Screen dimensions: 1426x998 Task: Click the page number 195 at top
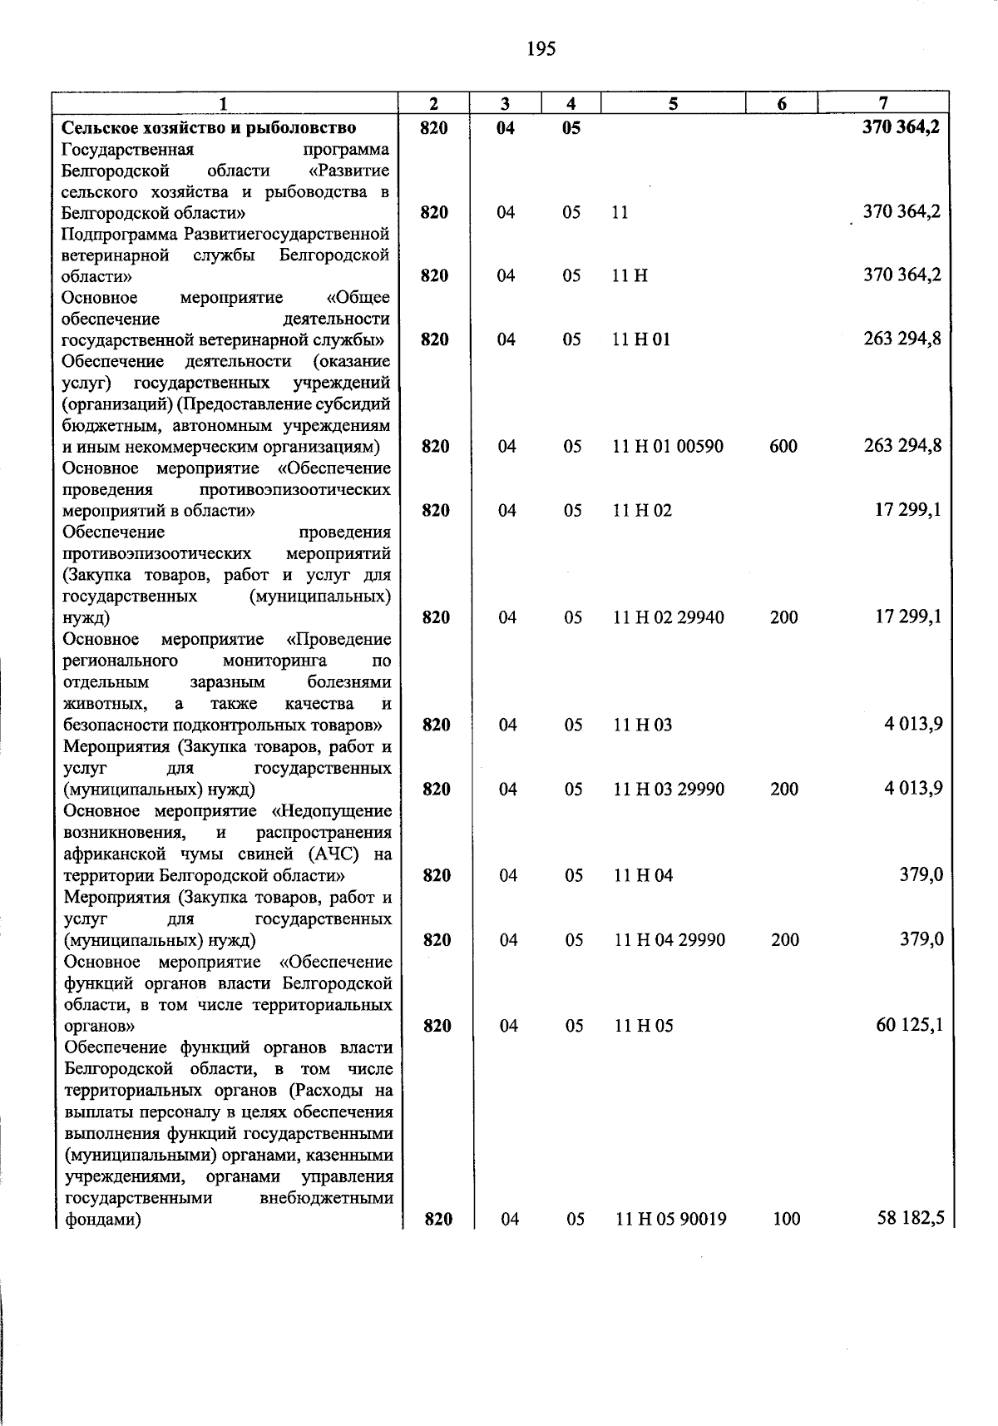[x=541, y=49]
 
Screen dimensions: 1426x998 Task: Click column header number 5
[x=673, y=104]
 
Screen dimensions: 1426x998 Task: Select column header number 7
[x=883, y=104]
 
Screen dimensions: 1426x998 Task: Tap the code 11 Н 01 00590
[x=668, y=447]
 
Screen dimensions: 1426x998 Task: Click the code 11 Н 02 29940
[x=669, y=618]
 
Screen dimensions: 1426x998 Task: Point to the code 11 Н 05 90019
[x=671, y=1220]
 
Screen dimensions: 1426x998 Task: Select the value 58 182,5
[x=911, y=1219]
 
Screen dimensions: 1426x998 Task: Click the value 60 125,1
[x=910, y=1025]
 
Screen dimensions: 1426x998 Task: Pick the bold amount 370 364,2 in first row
[x=902, y=127]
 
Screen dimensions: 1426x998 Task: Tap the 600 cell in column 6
[x=783, y=447]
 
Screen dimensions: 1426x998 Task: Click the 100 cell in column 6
[x=786, y=1220]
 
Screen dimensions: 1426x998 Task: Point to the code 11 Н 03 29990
[x=669, y=790]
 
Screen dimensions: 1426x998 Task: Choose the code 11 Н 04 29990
[x=669, y=940]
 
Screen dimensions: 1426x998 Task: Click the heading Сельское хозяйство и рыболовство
[x=210, y=127]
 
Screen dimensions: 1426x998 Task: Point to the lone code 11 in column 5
[x=620, y=213]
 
